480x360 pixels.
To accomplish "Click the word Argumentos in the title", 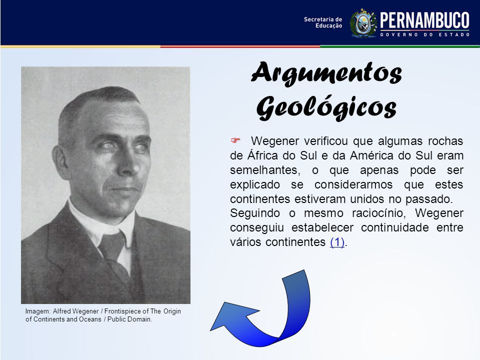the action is (x=326, y=73).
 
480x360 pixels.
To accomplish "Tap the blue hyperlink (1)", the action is (x=337, y=242).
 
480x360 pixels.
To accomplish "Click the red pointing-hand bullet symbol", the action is (x=235, y=140).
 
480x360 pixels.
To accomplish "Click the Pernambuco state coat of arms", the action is (x=363, y=23).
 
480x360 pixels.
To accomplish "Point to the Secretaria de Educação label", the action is (x=322, y=22).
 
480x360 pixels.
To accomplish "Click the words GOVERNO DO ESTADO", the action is (x=425, y=34).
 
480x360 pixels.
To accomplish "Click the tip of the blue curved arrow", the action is (x=210, y=330).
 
